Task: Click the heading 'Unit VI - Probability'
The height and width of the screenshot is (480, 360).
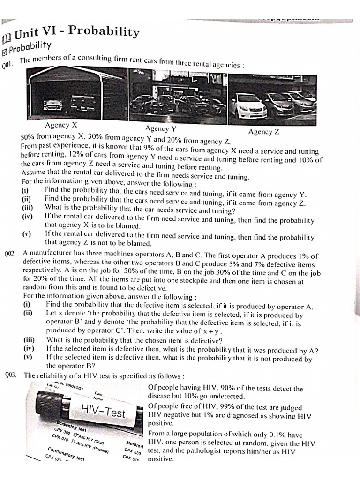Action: [x=78, y=33]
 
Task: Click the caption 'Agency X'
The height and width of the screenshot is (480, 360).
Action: [x=61, y=125]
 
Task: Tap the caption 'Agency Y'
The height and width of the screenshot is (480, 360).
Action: [x=161, y=128]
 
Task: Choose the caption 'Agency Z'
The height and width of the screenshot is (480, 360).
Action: [x=264, y=132]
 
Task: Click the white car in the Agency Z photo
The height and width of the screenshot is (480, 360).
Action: [x=247, y=106]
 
